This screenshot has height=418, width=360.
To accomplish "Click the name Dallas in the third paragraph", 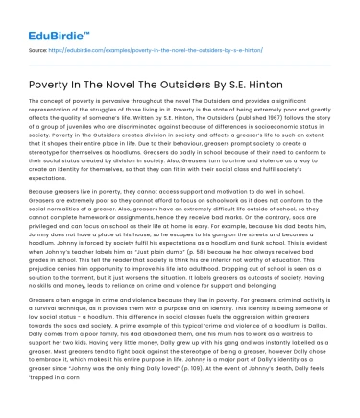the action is tap(317, 329).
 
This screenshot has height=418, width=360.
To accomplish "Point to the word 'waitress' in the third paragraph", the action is tap(309, 344).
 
